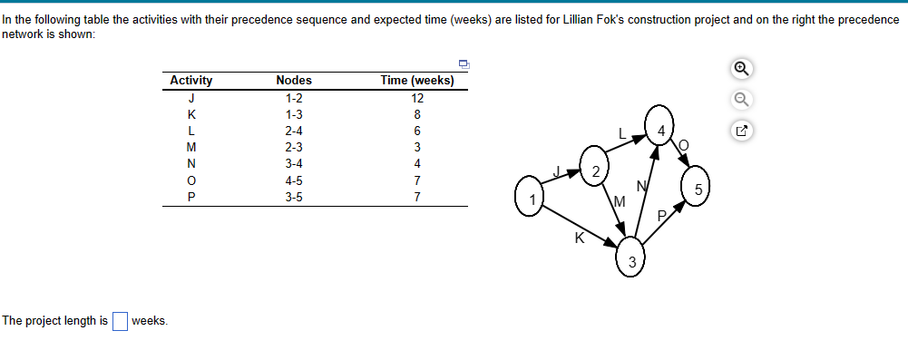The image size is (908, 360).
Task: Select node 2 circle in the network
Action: (x=594, y=170)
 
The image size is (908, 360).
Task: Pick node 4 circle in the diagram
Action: (x=661, y=128)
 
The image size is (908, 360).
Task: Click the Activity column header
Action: (x=191, y=81)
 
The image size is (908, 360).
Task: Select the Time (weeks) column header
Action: (x=417, y=81)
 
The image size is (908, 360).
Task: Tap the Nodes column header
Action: (x=293, y=81)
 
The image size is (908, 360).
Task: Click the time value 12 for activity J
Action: (x=417, y=98)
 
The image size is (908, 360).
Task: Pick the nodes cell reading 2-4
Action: (x=293, y=131)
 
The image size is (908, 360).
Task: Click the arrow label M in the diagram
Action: (x=620, y=199)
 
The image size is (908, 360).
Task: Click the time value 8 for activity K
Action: (x=417, y=114)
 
